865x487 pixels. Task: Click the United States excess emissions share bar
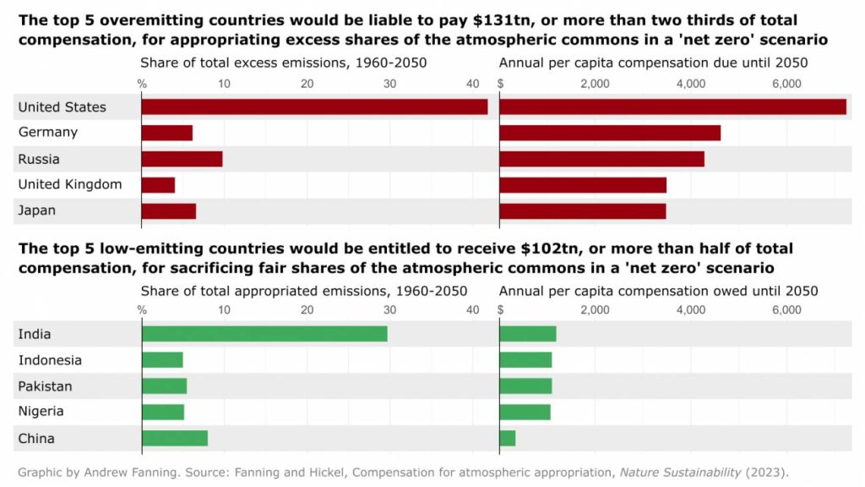click(x=314, y=107)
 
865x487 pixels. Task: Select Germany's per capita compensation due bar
click(x=610, y=133)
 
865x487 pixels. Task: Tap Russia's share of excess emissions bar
click(x=182, y=159)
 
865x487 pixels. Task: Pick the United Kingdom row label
click(x=70, y=184)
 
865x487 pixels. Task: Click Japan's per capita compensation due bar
click(x=583, y=211)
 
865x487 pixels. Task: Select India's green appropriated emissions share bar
click(x=264, y=334)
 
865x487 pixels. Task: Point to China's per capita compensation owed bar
click(x=508, y=438)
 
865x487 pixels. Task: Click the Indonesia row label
click(x=50, y=360)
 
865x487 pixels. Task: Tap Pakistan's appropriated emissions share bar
click(x=164, y=386)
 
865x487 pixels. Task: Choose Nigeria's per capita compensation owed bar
click(x=525, y=412)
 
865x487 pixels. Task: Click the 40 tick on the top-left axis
click(x=471, y=83)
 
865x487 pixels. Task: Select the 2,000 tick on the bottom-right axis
click(x=595, y=310)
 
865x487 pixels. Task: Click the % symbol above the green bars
click(x=142, y=310)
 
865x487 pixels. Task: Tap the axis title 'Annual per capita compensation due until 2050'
click(x=654, y=63)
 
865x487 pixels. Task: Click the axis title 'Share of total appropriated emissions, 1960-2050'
click(x=304, y=291)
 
